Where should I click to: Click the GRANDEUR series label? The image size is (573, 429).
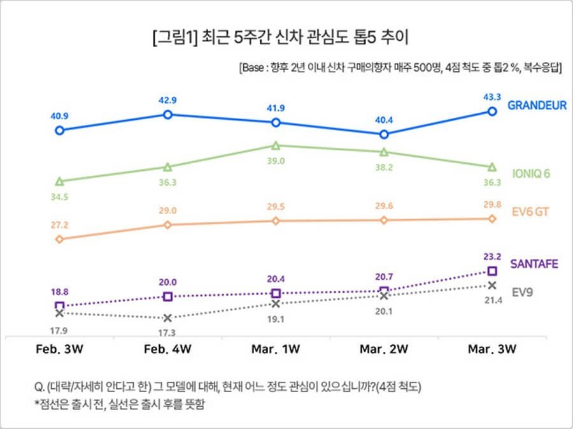click(537, 106)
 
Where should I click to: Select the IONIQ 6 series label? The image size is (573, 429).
click(531, 173)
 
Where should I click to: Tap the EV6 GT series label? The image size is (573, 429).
click(530, 212)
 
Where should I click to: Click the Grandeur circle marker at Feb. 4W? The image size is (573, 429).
click(167, 115)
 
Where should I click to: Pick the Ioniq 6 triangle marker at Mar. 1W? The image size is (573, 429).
click(276, 145)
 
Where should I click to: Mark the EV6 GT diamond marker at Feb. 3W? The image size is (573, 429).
click(59, 240)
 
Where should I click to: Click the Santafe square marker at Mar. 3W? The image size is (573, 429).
click(492, 272)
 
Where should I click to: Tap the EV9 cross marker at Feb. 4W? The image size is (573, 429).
click(167, 318)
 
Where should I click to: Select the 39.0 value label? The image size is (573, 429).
click(276, 161)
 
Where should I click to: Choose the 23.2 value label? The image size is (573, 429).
click(491, 256)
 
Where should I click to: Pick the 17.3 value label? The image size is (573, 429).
click(167, 333)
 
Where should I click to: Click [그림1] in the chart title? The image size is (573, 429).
click(174, 38)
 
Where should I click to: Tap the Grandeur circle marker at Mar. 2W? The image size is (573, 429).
click(383, 135)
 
